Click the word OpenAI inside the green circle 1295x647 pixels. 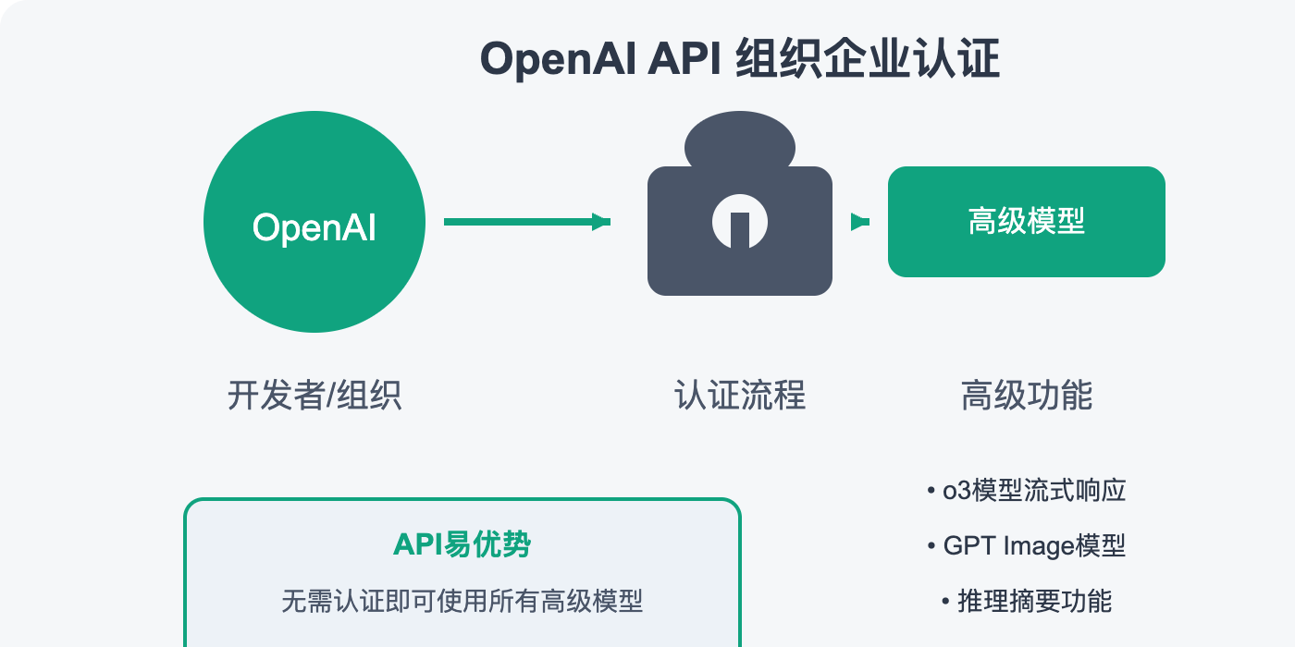tap(314, 226)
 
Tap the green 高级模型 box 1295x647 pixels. tap(1026, 222)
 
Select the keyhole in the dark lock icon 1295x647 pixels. tap(740, 226)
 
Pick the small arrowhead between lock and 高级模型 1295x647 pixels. tap(860, 222)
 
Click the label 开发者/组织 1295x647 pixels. tap(314, 396)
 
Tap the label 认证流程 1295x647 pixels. tap(740, 396)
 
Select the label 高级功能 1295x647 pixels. tap(1027, 396)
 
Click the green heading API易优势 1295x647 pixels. tap(462, 544)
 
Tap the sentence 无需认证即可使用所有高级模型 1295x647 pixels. tap(462, 602)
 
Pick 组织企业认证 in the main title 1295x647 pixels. tap(868, 61)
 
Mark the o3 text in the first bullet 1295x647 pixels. tap(954, 491)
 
